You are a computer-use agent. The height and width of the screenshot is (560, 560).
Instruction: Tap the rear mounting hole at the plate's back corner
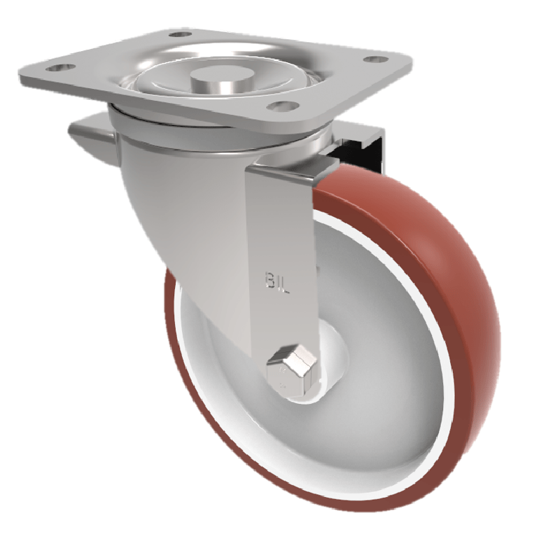[x=179, y=34]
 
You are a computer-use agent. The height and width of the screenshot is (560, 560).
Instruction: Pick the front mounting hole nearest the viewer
[x=282, y=106]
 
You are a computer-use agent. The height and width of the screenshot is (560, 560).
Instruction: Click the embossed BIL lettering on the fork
[x=278, y=278]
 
